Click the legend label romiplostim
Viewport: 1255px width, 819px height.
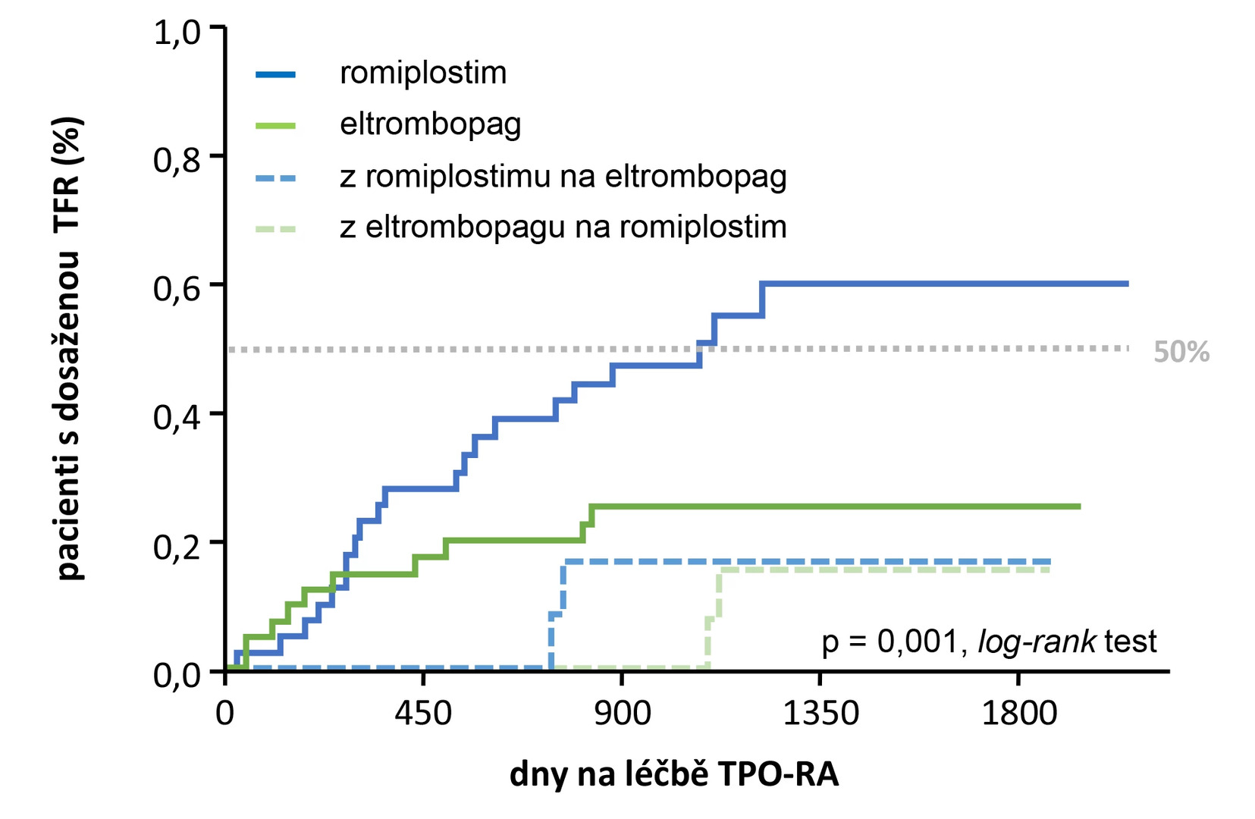(x=423, y=73)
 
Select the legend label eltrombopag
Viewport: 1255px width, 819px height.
(x=430, y=124)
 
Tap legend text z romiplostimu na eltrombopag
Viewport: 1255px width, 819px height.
(x=563, y=177)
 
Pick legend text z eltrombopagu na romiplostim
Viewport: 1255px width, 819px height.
(x=563, y=227)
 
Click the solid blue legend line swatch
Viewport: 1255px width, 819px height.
(x=275, y=74)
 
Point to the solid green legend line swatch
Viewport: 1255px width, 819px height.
(x=275, y=125)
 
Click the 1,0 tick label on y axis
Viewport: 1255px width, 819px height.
(x=177, y=33)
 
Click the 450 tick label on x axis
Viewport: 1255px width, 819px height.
(x=423, y=714)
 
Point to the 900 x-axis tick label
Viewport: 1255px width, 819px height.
(x=622, y=714)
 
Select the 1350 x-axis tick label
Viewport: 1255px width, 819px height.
(x=820, y=714)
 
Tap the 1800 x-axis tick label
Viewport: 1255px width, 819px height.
(x=1018, y=714)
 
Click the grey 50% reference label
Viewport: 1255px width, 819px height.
(x=1181, y=352)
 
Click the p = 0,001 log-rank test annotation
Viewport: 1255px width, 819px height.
(x=989, y=642)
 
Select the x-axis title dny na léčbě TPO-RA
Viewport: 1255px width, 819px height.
(x=674, y=774)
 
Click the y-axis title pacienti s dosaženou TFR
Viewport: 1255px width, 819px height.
(x=69, y=349)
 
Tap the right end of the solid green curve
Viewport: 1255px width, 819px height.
(x=1078, y=507)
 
